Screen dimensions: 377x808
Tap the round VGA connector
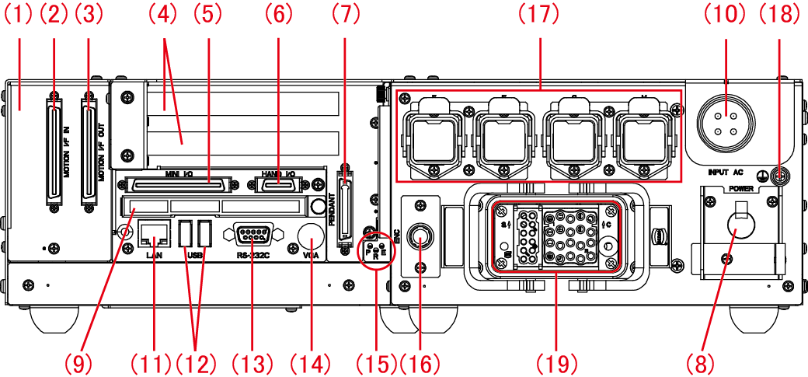[x=311, y=236]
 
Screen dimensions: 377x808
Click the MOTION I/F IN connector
[x=54, y=151]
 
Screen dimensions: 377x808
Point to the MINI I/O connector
[x=172, y=184]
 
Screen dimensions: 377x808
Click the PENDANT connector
[x=346, y=211]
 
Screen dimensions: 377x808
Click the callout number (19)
[x=558, y=362]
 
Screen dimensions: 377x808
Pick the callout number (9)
[x=79, y=362]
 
